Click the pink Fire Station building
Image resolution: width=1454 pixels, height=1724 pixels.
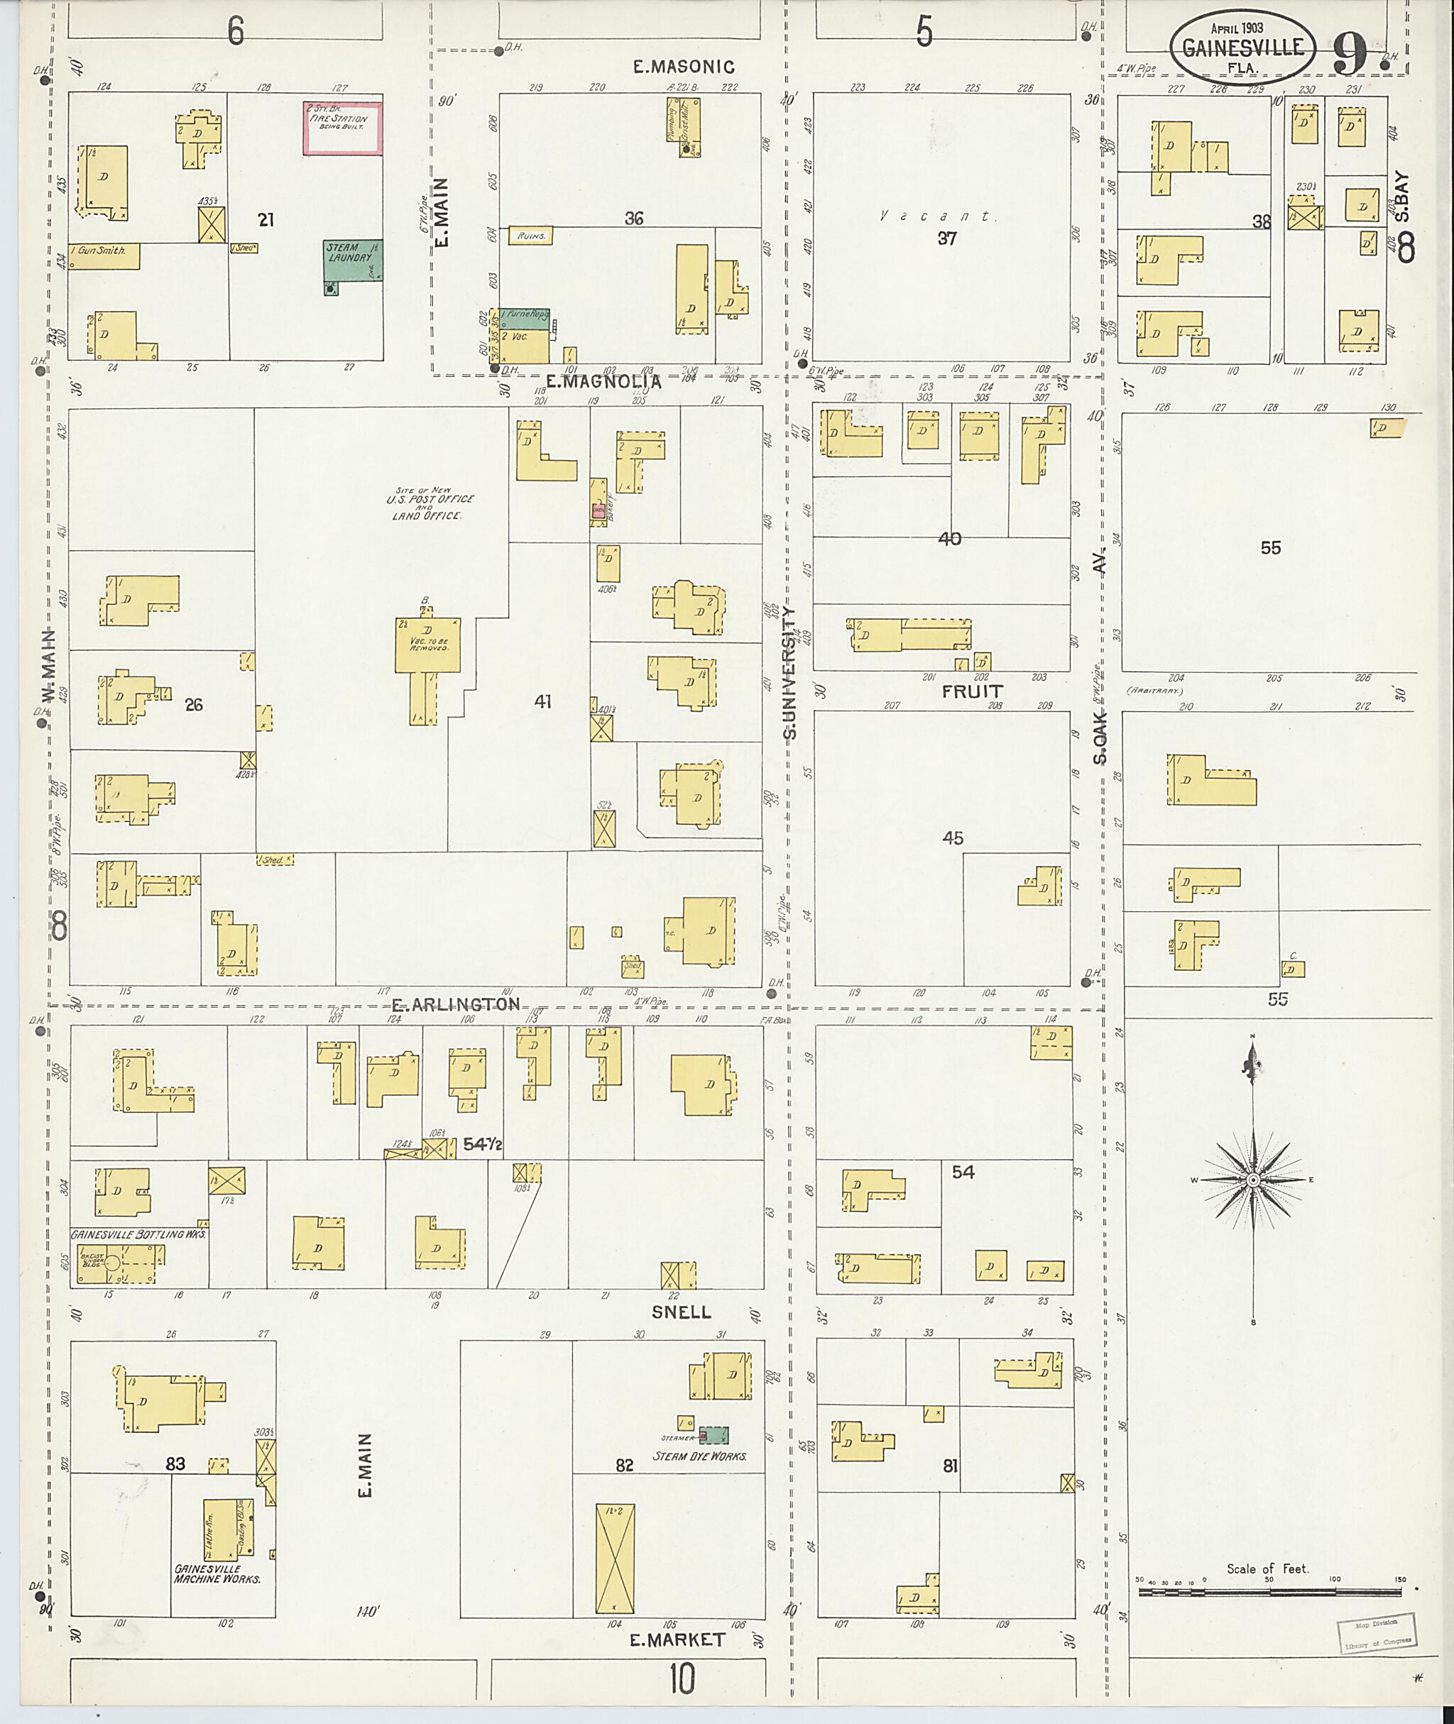pos(342,128)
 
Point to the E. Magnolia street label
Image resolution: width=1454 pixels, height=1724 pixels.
pos(603,383)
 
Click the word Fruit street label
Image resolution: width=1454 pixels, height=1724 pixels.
pos(973,691)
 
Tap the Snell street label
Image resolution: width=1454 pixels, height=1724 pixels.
pos(681,1312)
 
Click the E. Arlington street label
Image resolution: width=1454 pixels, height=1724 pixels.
pos(456,1004)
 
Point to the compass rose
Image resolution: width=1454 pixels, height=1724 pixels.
pos(1253,1180)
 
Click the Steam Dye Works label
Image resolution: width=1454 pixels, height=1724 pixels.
pos(699,1456)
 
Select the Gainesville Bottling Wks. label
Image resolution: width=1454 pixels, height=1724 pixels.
pos(138,1234)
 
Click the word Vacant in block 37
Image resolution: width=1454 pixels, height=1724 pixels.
pos(935,216)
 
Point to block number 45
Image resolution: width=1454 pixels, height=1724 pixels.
pos(952,838)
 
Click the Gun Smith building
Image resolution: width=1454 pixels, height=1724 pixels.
pos(104,255)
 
